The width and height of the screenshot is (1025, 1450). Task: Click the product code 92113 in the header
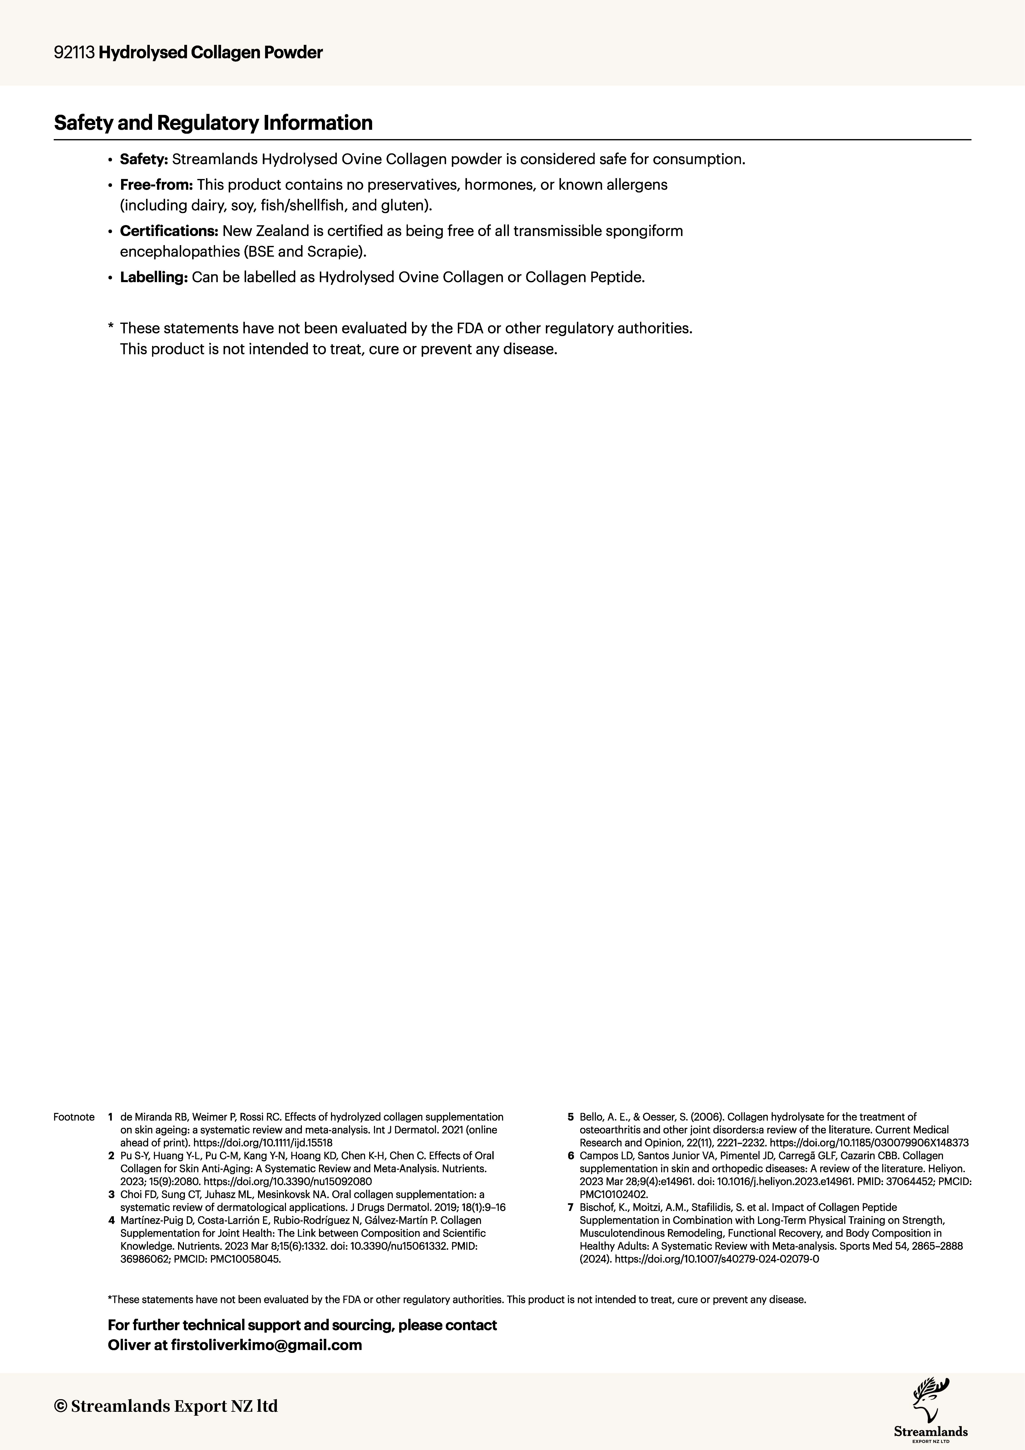75,53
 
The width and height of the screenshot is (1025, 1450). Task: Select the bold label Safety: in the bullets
143,159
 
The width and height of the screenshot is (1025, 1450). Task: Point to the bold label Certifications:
169,231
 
